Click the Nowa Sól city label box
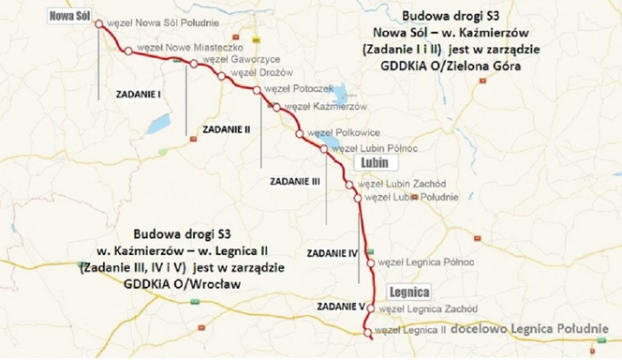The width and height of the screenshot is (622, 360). coord(71,16)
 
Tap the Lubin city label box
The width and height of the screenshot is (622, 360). coord(370,161)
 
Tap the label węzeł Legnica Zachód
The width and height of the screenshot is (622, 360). coord(418,308)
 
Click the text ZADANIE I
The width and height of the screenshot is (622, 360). coord(138,94)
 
